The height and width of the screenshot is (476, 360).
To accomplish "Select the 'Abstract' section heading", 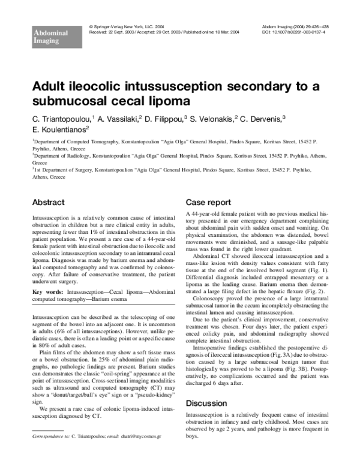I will pyautogui.click(x=48, y=203).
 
